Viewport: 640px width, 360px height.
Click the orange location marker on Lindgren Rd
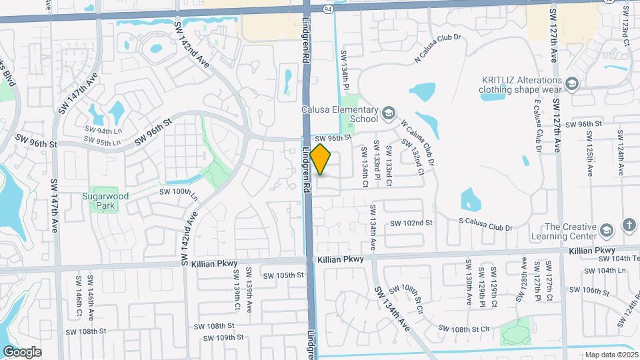321,159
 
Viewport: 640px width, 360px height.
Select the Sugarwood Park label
105,201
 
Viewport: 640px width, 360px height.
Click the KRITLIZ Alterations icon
571,83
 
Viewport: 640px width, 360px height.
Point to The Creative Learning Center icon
606,231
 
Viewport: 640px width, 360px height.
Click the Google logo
22,352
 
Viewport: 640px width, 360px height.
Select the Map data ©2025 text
611,355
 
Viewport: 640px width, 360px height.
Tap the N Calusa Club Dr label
437,49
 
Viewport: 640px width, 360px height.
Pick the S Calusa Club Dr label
485,227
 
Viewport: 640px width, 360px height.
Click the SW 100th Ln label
179,193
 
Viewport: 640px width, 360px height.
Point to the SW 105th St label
283,275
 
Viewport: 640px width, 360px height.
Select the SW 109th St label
224,338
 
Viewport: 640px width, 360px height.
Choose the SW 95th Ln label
103,141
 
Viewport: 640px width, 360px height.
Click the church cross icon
629,225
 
